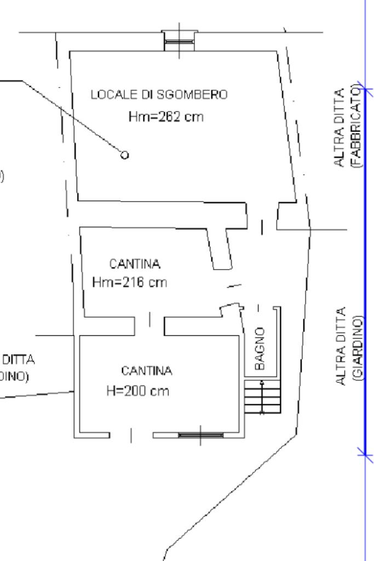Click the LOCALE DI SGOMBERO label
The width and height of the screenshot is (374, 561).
(x=158, y=95)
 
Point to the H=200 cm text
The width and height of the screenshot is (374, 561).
(x=137, y=391)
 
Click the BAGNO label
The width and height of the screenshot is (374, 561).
(x=261, y=348)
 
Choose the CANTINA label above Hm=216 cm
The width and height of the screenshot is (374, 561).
(x=135, y=264)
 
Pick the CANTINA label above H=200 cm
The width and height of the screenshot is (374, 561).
(x=146, y=371)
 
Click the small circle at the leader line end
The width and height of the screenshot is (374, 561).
(x=125, y=155)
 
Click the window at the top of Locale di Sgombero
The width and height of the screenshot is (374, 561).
(x=179, y=41)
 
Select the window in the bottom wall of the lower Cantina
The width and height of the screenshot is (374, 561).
(x=200, y=435)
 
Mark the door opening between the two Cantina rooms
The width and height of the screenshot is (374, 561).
(x=152, y=319)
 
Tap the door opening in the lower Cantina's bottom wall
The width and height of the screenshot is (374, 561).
(x=131, y=435)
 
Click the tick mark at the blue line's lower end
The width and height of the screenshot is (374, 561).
(x=365, y=452)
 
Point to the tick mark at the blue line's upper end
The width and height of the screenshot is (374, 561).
(x=365, y=89)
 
